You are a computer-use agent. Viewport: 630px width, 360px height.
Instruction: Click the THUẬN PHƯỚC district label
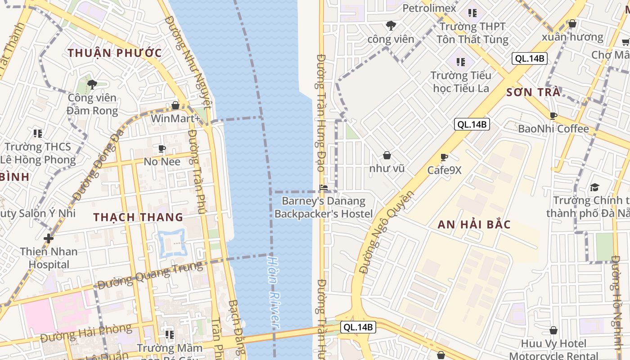coord(115,53)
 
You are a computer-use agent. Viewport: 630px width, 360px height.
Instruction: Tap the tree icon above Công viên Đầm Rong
coord(92,84)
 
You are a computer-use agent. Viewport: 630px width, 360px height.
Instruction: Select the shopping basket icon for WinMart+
coord(175,105)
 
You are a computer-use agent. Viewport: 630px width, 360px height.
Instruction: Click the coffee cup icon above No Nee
coord(162,148)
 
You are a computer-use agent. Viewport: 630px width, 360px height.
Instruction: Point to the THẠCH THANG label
coord(139,217)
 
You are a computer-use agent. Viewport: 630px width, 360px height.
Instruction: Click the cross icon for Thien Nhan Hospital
coord(49,238)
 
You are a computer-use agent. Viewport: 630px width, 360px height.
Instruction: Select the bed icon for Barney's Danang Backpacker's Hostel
coord(323,188)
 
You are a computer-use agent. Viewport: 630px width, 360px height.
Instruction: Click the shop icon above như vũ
coord(387,156)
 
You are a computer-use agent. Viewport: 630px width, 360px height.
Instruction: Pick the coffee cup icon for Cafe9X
coord(444,157)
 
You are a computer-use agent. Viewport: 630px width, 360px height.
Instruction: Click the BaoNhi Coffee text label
coord(553,129)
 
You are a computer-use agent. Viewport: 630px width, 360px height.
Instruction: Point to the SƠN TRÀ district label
coord(533,93)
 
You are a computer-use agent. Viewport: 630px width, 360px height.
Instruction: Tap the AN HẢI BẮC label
coord(474,224)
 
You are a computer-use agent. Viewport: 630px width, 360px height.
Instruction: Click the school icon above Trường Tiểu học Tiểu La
coord(460,62)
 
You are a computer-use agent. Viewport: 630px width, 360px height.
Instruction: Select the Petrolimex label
coord(429,8)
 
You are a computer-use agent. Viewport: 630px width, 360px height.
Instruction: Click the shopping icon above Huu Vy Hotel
coord(553,331)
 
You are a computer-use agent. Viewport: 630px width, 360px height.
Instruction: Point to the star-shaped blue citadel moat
coord(171,243)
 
